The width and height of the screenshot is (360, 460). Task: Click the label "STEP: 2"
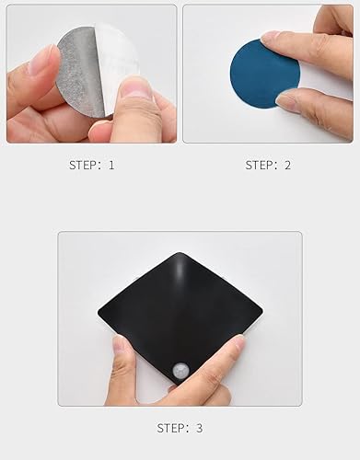(x=268, y=166)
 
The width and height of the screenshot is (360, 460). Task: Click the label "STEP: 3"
(x=180, y=428)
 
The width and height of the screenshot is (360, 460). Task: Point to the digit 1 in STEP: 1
(x=111, y=166)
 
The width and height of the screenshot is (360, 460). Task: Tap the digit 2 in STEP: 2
(x=288, y=166)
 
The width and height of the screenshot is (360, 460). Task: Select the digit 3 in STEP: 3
(x=200, y=428)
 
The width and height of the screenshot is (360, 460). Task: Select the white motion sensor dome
(x=182, y=371)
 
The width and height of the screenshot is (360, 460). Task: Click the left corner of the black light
(x=101, y=317)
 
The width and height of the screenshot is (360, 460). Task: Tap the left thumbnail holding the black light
(x=120, y=343)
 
